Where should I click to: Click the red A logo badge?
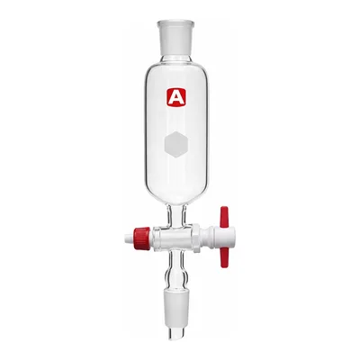pyautogui.click(x=176, y=97)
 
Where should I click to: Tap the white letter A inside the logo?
pyautogui.click(x=176, y=97)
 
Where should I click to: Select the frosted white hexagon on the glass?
pyautogui.click(x=176, y=145)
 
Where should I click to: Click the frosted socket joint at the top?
pyautogui.click(x=176, y=37)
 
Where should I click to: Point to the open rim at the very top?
pyautogui.click(x=176, y=22)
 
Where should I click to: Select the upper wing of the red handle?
pyautogui.click(x=224, y=217)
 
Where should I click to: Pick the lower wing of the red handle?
pyautogui.click(x=224, y=256)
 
